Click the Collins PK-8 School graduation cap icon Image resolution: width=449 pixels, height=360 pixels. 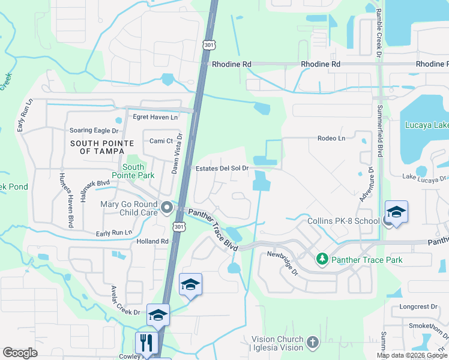(396, 212)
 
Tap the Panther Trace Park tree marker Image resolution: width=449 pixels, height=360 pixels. (322, 259)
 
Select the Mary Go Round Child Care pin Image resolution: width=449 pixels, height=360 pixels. (167, 208)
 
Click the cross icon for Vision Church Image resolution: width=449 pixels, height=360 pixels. (312, 343)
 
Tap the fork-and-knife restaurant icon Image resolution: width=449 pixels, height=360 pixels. (146, 343)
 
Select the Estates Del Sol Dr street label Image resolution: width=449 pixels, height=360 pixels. (222, 169)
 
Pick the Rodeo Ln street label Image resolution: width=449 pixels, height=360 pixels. (331, 139)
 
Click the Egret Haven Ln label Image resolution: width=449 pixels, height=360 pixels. (157, 118)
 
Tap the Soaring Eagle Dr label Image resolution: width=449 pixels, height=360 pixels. (94, 130)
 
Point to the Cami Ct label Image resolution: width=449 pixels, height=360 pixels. (161, 141)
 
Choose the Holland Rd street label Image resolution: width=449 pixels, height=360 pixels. (152, 241)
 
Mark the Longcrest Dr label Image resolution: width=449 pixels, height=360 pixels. (418, 307)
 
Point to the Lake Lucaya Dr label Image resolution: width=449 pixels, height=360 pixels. (424, 178)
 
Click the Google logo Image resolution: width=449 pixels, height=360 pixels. (20, 353)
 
